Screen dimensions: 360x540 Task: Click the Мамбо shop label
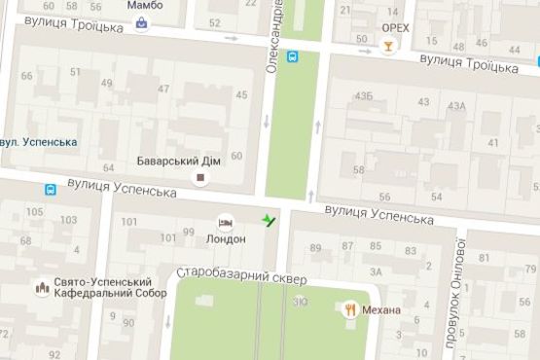click(144, 6)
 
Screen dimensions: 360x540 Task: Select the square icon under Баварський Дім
click(201, 178)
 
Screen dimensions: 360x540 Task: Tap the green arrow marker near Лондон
click(270, 220)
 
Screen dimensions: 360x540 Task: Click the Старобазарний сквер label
click(241, 278)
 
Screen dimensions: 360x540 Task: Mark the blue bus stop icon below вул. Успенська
click(49, 189)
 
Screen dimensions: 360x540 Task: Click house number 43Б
click(364, 96)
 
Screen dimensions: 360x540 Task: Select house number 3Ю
click(302, 303)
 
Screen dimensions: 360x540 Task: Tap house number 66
click(26, 77)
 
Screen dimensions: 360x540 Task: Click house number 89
click(316, 247)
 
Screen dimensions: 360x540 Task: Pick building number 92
click(54, 354)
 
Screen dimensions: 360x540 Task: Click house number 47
click(163, 90)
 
